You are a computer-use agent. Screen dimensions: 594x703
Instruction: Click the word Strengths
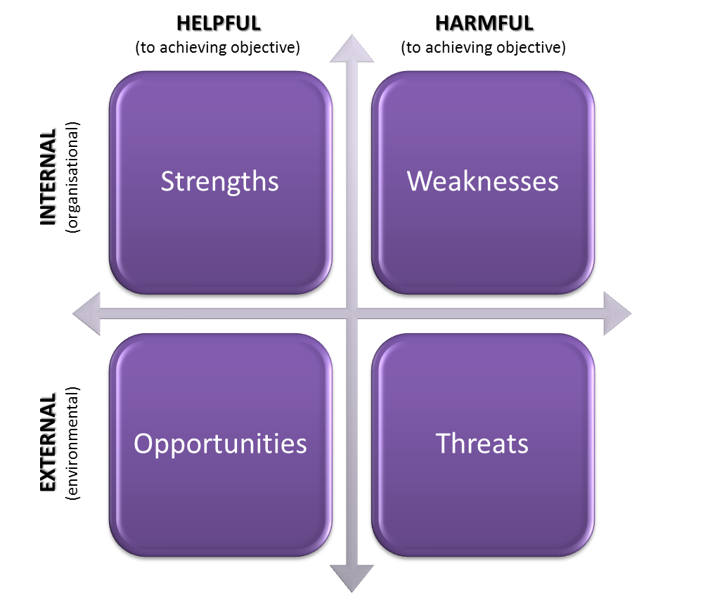(219, 181)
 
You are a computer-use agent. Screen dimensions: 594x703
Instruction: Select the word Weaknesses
(483, 181)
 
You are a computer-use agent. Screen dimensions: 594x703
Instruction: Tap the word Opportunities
(220, 444)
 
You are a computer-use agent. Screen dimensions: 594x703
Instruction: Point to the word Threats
(482, 444)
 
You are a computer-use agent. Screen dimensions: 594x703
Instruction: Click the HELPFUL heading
(219, 24)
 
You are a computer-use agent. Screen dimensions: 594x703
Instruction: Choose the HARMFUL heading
(484, 24)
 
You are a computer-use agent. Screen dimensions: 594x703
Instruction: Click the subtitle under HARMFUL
(484, 48)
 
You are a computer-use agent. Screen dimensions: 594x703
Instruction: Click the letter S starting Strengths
(167, 182)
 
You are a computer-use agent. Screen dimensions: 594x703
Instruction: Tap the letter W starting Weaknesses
(419, 181)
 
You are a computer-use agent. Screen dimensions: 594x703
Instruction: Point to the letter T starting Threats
(443, 444)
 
